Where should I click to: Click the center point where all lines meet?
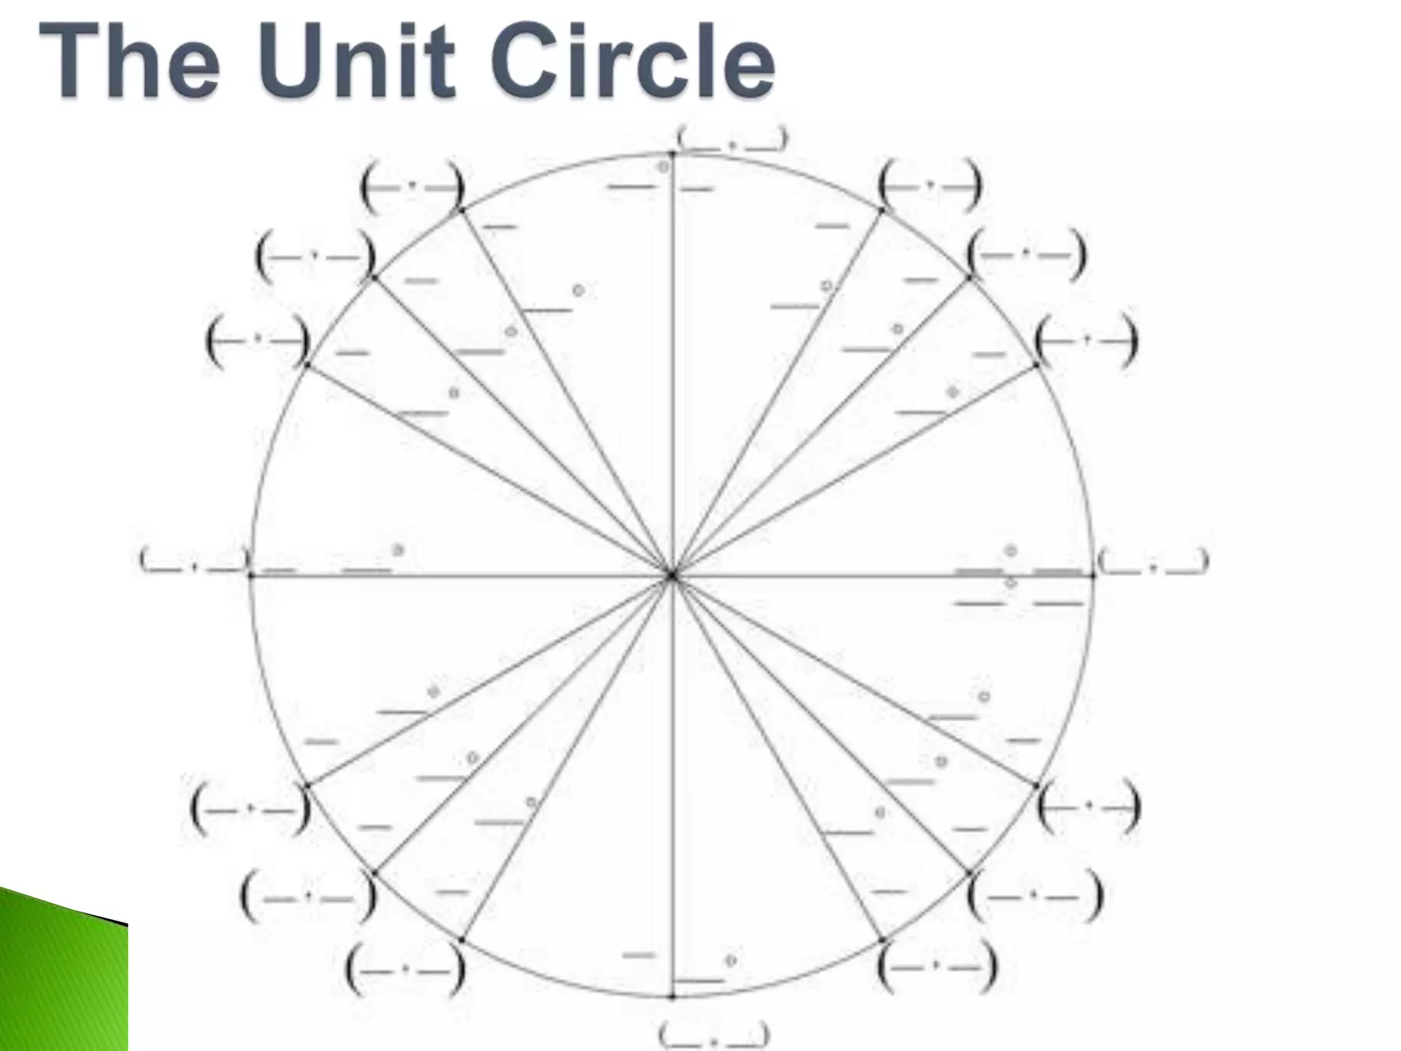click(672, 576)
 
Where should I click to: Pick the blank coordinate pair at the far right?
click(1153, 562)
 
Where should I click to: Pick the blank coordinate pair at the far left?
click(194, 560)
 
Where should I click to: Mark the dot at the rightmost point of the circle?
click(1093, 576)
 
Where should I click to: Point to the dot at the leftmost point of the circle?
click(251, 576)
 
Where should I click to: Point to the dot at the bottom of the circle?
click(672, 997)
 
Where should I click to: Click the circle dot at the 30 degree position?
click(1036, 365)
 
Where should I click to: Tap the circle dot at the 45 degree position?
click(970, 277)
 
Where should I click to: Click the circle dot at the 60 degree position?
click(882, 211)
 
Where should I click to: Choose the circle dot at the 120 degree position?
click(462, 211)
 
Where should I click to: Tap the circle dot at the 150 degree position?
click(307, 365)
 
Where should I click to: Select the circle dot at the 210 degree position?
click(307, 786)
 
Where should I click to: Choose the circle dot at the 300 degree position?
click(882, 940)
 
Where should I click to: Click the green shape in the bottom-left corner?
click(62, 978)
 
